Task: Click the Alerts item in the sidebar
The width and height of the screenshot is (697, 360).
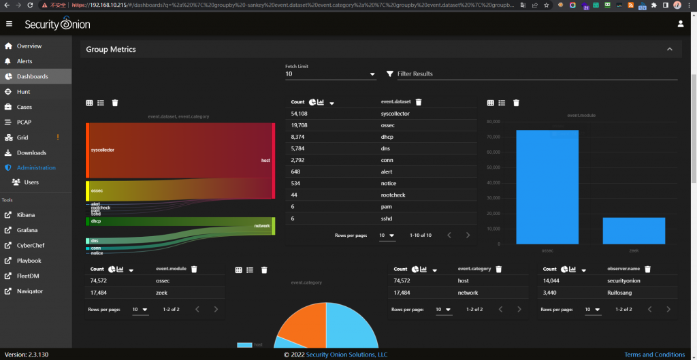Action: pyautogui.click(x=25, y=61)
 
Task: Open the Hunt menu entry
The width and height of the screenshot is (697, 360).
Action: pyautogui.click(x=23, y=92)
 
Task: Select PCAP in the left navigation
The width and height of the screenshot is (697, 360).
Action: pyautogui.click(x=24, y=122)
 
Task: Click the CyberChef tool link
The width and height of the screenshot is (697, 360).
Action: pyautogui.click(x=30, y=245)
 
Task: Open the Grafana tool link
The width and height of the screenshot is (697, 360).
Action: pyautogui.click(x=27, y=230)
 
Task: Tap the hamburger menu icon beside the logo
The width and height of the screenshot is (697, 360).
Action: pyautogui.click(x=9, y=24)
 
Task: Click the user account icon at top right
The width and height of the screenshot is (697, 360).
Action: pyautogui.click(x=681, y=24)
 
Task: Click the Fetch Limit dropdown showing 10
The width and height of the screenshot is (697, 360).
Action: pyautogui.click(x=330, y=74)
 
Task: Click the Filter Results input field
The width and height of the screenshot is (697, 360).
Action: pyautogui.click(x=531, y=73)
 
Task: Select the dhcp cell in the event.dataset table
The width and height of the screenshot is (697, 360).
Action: pyautogui.click(x=388, y=137)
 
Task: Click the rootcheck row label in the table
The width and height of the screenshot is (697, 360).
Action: pyautogui.click(x=393, y=195)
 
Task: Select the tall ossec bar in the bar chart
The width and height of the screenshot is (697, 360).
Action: pyautogui.click(x=547, y=186)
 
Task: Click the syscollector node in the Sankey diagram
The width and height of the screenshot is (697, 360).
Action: pyautogui.click(x=88, y=150)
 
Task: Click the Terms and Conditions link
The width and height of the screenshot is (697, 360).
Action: pyautogui.click(x=654, y=355)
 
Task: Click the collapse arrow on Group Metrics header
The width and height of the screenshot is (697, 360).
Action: pyautogui.click(x=670, y=50)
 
